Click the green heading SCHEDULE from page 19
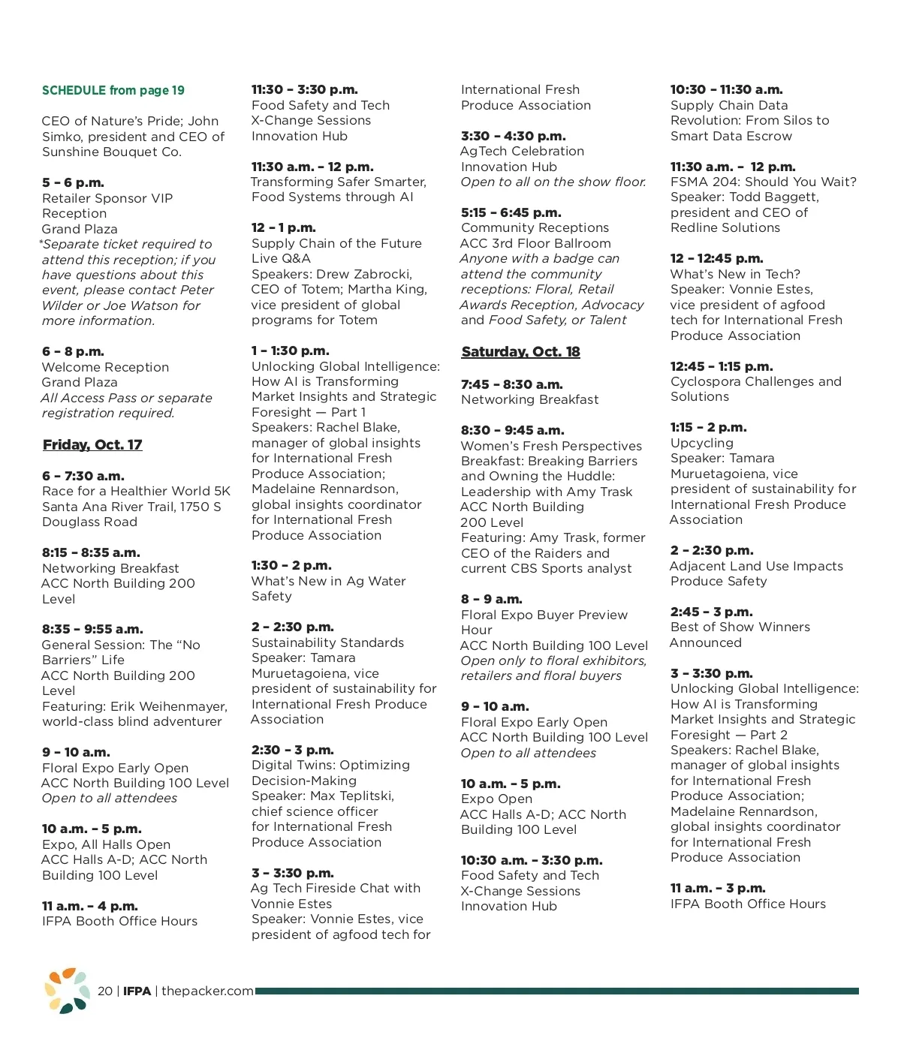pos(113,91)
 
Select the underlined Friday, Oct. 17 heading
pos(92,445)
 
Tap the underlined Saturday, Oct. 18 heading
pos(520,352)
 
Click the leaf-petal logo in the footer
pos(67,990)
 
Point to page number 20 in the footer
pos(105,991)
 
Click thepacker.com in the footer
pos(207,991)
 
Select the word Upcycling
pos(701,444)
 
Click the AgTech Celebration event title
pos(523,152)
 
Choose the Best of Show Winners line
pos(740,627)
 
